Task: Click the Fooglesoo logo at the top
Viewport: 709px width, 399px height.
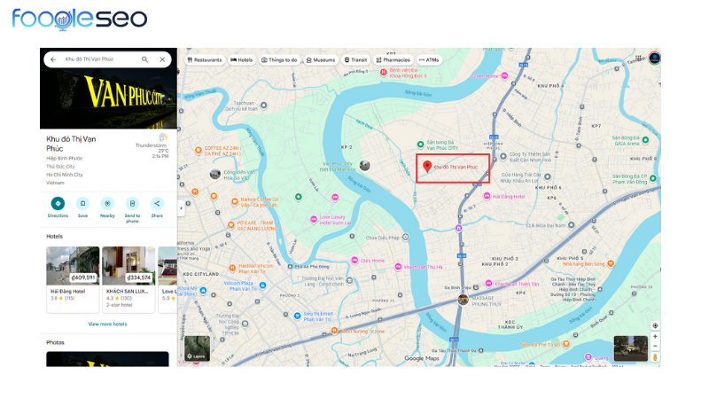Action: (x=80, y=20)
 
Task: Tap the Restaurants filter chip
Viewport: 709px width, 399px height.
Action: (x=205, y=59)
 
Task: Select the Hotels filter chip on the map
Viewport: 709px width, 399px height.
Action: (x=242, y=59)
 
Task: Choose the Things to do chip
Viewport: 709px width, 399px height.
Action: (x=279, y=59)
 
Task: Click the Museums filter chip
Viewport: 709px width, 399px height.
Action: (x=321, y=59)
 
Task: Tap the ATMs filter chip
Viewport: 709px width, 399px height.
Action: (x=430, y=59)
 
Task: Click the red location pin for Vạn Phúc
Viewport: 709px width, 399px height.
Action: (x=426, y=167)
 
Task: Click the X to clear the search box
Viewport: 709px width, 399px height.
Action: (x=162, y=59)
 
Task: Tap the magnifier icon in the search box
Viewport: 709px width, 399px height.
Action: (x=145, y=59)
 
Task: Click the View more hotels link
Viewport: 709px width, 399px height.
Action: (x=107, y=324)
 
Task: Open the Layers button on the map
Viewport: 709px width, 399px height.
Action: (x=197, y=349)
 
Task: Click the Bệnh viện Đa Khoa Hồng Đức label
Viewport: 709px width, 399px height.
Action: (x=407, y=73)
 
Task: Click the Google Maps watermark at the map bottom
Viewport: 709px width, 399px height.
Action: (x=422, y=358)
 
